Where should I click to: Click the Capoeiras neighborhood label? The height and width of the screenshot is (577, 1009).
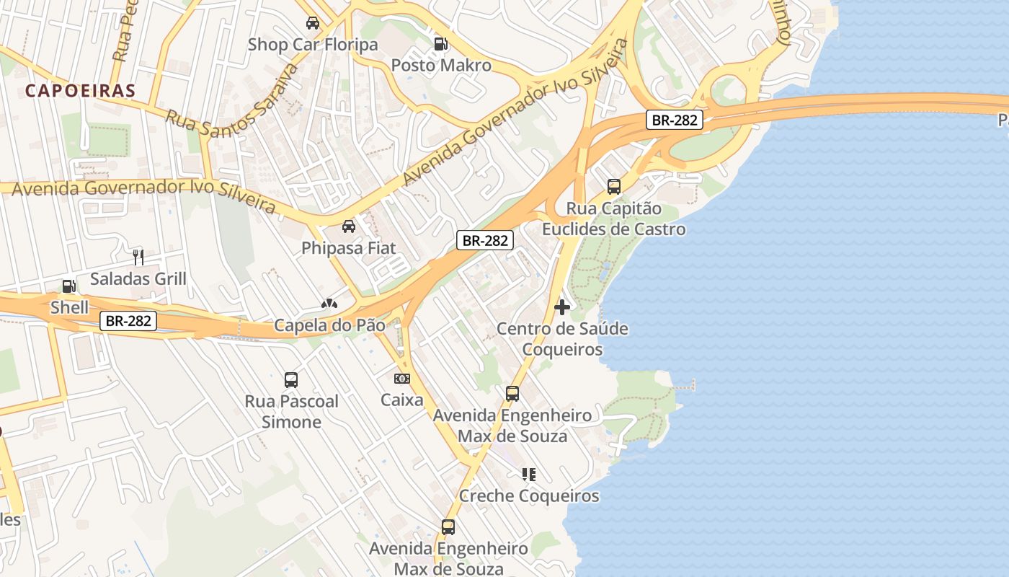pyautogui.click(x=80, y=91)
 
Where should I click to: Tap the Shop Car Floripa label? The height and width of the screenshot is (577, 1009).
pyautogui.click(x=313, y=45)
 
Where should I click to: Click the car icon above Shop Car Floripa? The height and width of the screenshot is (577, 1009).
pyautogui.click(x=313, y=23)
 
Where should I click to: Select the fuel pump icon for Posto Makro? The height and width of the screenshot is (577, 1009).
pyautogui.click(x=440, y=44)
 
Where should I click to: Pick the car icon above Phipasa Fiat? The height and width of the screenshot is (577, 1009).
pyautogui.click(x=349, y=226)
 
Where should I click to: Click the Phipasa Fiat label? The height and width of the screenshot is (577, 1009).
pyautogui.click(x=349, y=248)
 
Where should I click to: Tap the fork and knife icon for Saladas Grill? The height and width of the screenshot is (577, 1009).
pyautogui.click(x=138, y=257)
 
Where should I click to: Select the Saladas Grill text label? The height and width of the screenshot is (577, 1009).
pyautogui.click(x=138, y=278)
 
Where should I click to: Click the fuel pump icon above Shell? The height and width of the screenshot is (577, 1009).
pyautogui.click(x=69, y=286)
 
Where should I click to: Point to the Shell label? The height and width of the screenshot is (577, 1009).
pyautogui.click(x=69, y=308)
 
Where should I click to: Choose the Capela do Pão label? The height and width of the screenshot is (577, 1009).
pyautogui.click(x=329, y=325)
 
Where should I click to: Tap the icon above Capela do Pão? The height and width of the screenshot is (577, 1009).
pyautogui.click(x=329, y=304)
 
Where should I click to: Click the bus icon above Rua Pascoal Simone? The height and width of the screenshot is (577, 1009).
pyautogui.click(x=291, y=379)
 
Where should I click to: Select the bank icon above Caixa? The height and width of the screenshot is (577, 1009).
pyautogui.click(x=402, y=378)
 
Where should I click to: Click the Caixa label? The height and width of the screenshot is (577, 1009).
pyautogui.click(x=402, y=400)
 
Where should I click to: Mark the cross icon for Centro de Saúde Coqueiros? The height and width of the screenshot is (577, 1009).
pyautogui.click(x=562, y=307)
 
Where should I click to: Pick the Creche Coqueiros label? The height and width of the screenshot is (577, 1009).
pyautogui.click(x=529, y=496)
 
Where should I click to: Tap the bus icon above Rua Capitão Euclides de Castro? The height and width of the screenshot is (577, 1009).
pyautogui.click(x=614, y=187)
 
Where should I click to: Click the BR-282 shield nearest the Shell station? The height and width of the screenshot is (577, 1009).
pyautogui.click(x=128, y=321)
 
